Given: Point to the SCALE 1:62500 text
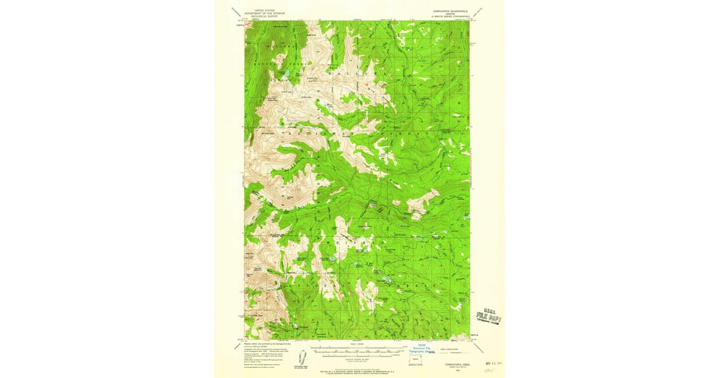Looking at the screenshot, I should pyautogui.click(x=357, y=343).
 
